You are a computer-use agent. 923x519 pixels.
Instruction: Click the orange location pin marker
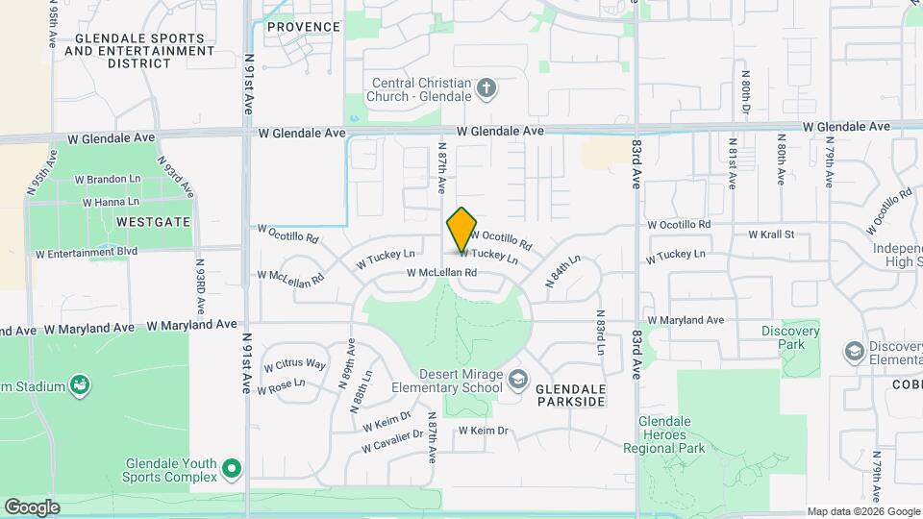tap(461, 229)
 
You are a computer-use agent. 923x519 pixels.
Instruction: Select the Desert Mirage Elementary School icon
tap(518, 380)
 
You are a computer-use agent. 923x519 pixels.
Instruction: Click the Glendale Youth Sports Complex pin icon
tap(231, 469)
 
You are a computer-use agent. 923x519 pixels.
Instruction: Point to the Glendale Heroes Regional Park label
tap(672, 434)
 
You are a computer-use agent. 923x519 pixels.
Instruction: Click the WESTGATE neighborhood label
tap(154, 221)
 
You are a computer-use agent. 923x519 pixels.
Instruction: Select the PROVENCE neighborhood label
tap(303, 27)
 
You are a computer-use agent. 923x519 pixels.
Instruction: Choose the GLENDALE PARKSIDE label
tap(570, 394)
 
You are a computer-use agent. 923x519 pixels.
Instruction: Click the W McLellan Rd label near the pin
tap(442, 273)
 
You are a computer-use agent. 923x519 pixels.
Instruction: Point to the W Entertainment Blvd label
tap(87, 253)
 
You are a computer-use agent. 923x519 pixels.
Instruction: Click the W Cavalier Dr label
tap(392, 441)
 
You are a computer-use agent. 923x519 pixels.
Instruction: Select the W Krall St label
tap(771, 235)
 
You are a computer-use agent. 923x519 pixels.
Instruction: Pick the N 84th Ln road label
tap(563, 272)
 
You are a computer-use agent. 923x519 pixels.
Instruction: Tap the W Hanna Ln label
tap(111, 203)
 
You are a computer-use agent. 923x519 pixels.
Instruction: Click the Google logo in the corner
tap(32, 507)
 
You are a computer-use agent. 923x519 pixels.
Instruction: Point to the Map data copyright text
tap(862, 511)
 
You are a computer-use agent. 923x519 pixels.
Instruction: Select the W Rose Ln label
tap(280, 384)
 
